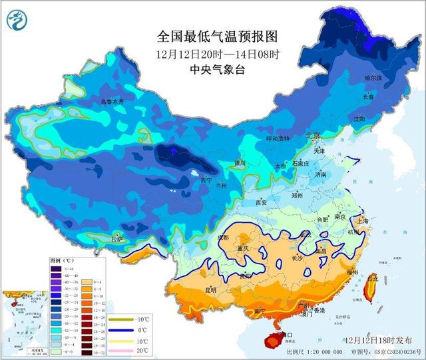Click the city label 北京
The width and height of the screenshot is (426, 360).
coord(312,136)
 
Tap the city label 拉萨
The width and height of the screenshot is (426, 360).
coord(117,238)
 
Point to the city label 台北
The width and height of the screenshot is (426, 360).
coord(373,277)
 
